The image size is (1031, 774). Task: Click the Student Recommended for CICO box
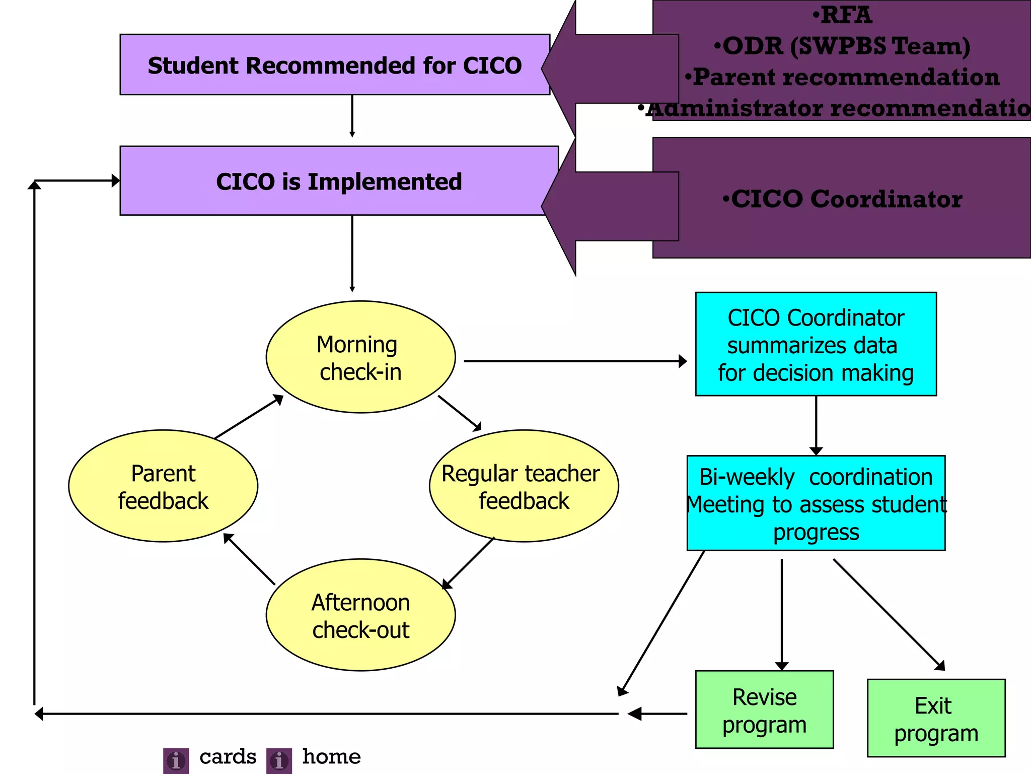pyautogui.click(x=335, y=65)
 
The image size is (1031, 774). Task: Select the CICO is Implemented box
pyautogui.click(x=339, y=181)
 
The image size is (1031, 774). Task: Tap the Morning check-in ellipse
pyautogui.click(x=360, y=357)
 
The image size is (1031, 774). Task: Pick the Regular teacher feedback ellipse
pyautogui.click(x=524, y=486)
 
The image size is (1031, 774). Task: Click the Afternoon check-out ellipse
pyautogui.click(x=360, y=615)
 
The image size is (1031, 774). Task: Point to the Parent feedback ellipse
pyautogui.click(x=163, y=486)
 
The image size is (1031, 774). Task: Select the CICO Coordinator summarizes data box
pyautogui.click(x=816, y=345)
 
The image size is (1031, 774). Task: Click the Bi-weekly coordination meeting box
pyautogui.click(x=816, y=503)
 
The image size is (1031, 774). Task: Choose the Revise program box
pyautogui.click(x=764, y=710)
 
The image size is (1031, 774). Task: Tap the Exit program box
pyautogui.click(x=936, y=719)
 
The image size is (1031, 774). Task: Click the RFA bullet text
pyautogui.click(x=842, y=15)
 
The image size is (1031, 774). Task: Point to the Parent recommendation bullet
pyautogui.click(x=842, y=77)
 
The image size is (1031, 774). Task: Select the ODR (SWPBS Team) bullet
pyautogui.click(x=842, y=46)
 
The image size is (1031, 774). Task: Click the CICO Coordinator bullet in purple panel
pyautogui.click(x=842, y=199)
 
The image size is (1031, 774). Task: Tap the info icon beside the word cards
pyautogui.click(x=176, y=760)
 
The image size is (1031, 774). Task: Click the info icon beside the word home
pyautogui.click(x=279, y=760)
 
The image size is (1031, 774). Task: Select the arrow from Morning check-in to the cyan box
pyautogui.click(x=574, y=361)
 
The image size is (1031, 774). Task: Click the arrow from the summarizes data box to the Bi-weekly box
pyautogui.click(x=816, y=426)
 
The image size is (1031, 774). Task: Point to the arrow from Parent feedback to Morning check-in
pyautogui.click(x=249, y=417)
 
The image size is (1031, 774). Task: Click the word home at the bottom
pyautogui.click(x=331, y=757)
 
